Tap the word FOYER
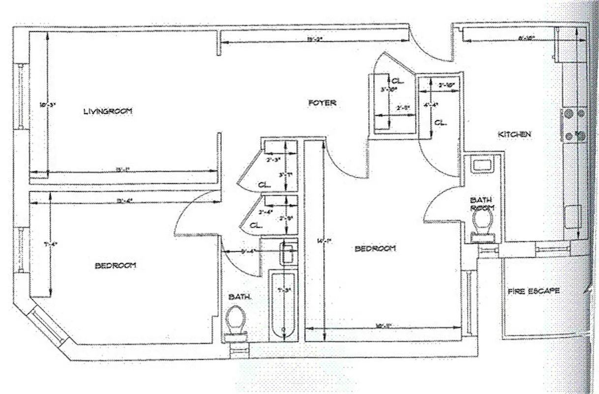pos(322,103)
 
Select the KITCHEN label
pos(514,134)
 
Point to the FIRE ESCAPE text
pos(533,291)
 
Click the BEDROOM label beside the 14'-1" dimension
pos(375,249)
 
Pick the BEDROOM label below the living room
pos(115,265)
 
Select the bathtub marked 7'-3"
pos(283,305)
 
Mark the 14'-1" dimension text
pos(324,241)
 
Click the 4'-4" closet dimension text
pos(431,104)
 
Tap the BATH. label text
pos(240,297)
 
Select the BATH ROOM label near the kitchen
pos(482,204)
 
